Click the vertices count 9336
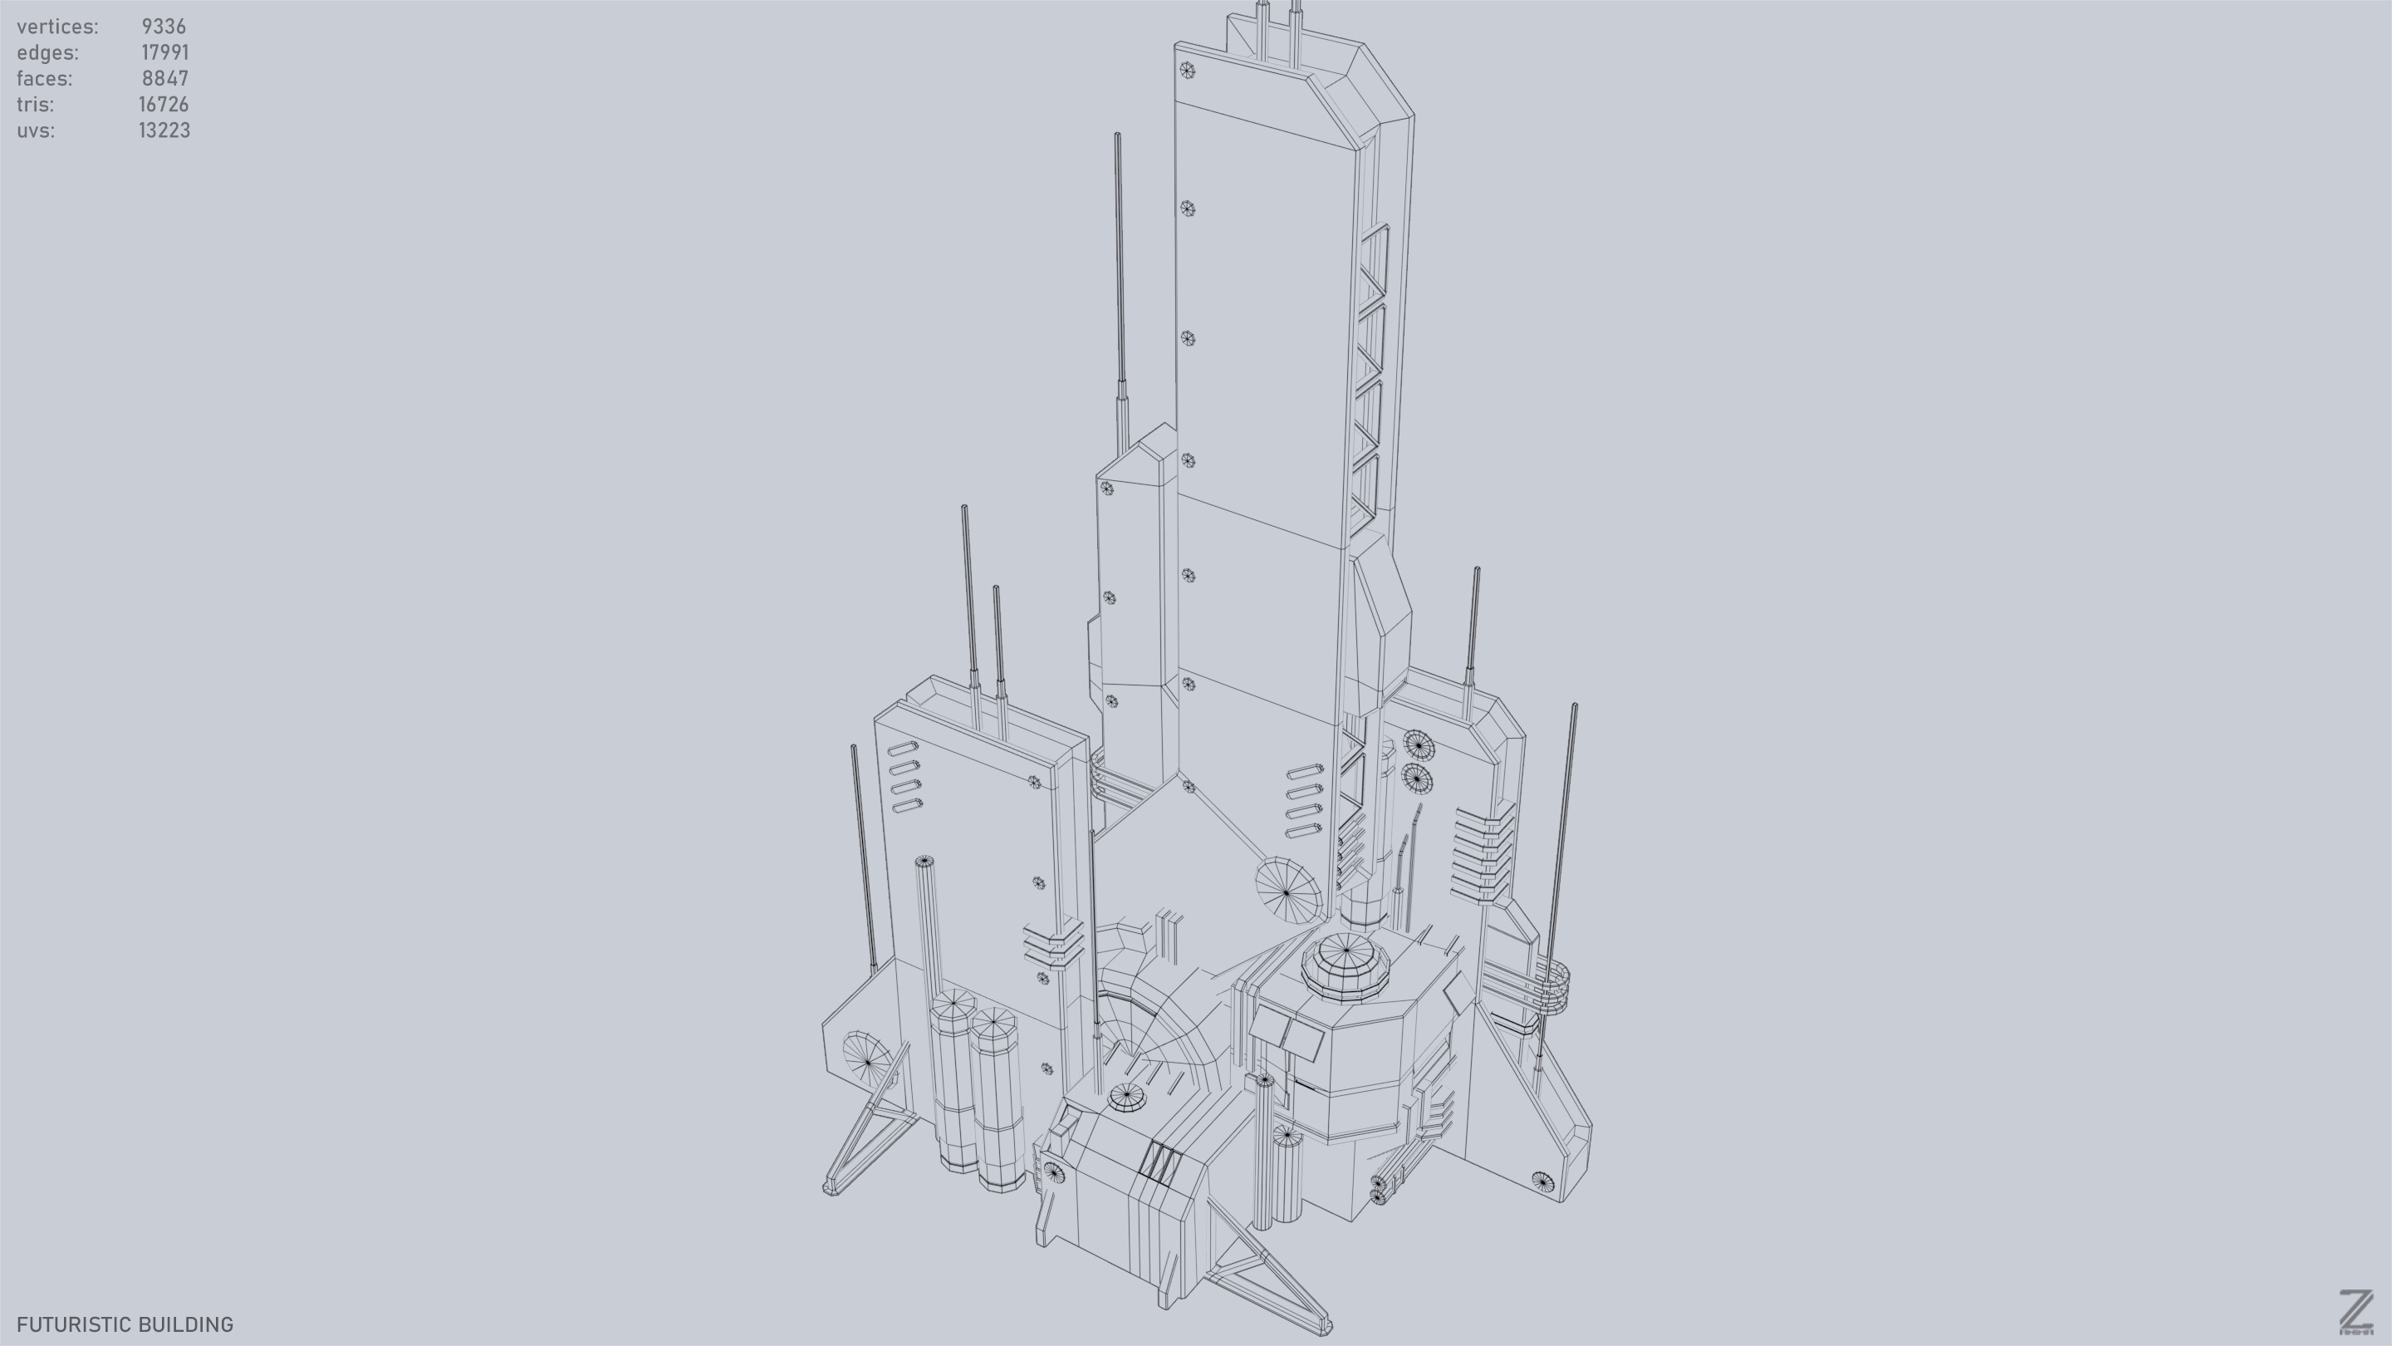click(164, 27)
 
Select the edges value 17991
click(164, 53)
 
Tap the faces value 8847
click(165, 79)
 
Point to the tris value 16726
click(164, 105)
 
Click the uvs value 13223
click(164, 131)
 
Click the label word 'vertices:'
click(57, 27)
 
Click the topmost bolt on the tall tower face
click(1187, 70)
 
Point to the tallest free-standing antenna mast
click(1120, 278)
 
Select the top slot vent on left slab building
click(903, 748)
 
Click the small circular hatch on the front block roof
click(1126, 1097)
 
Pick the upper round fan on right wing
click(1418, 745)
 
